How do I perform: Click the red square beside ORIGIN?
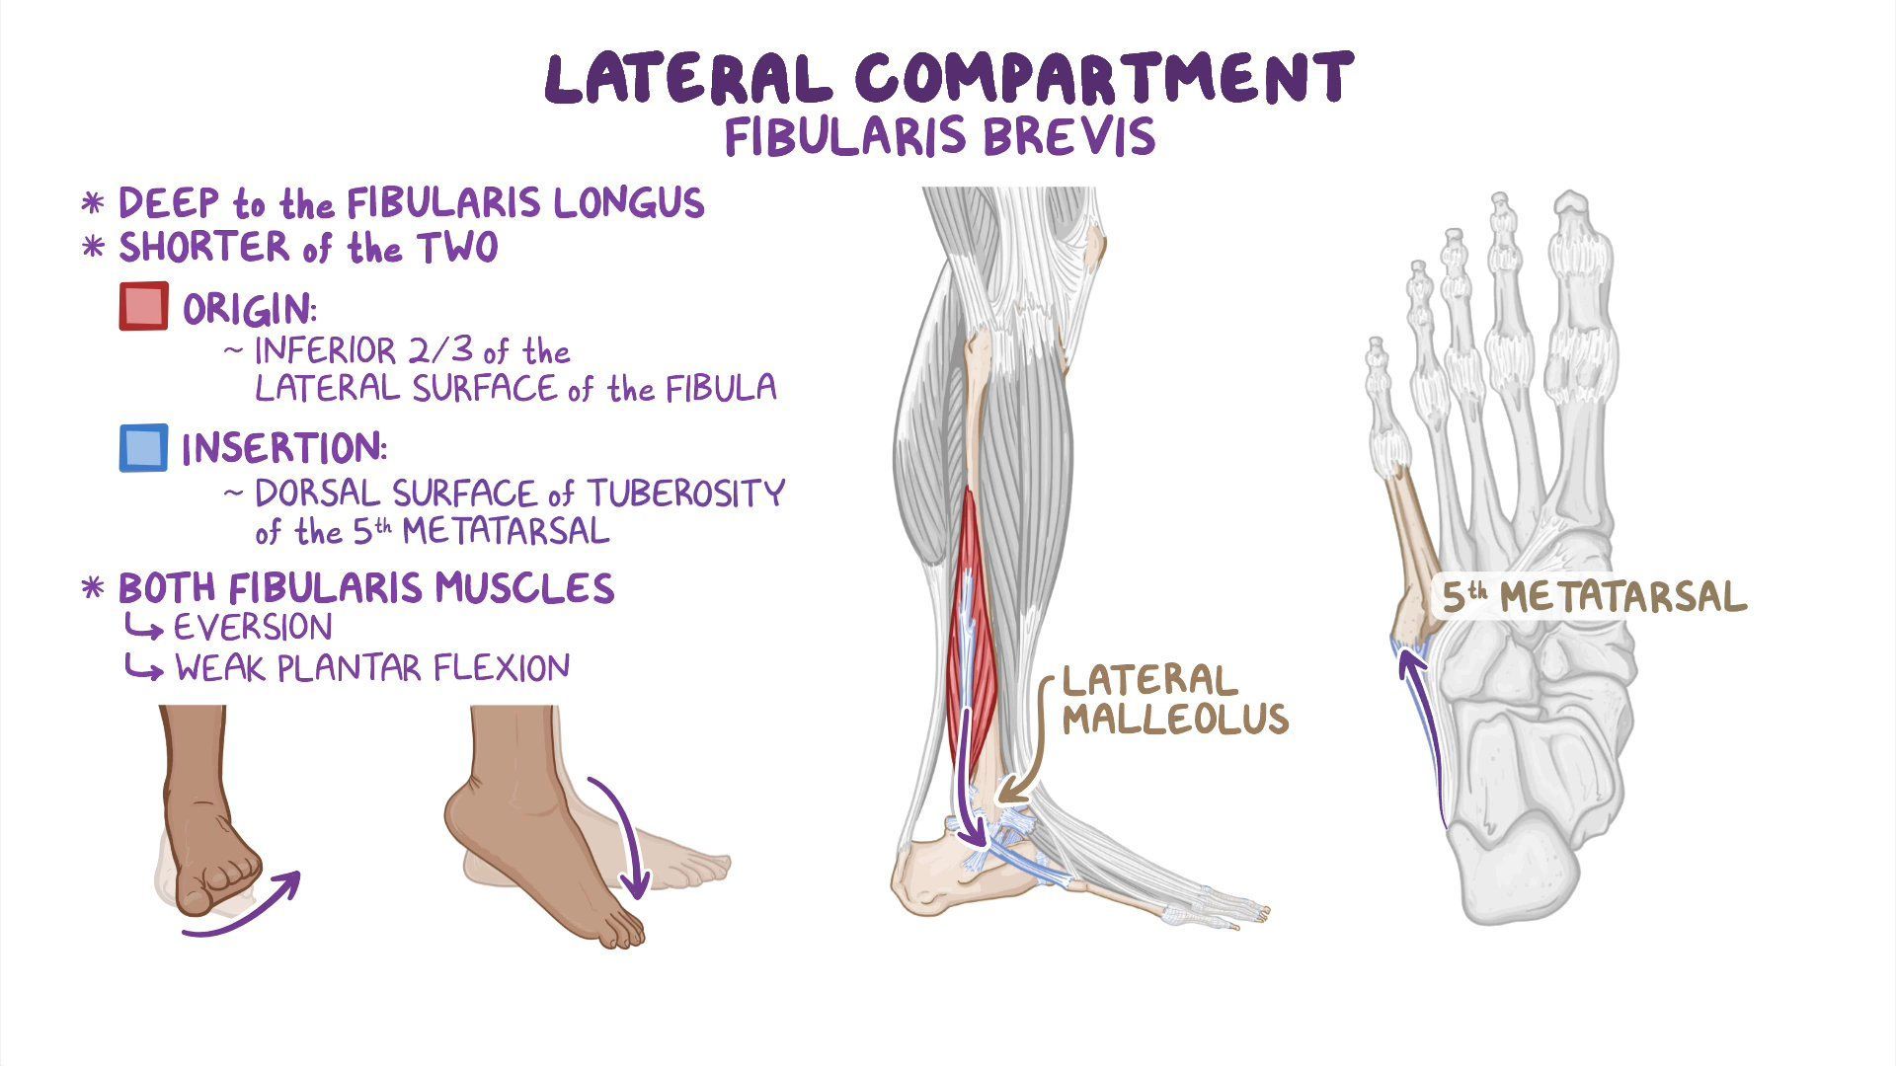[143, 306]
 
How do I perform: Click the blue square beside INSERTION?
[143, 447]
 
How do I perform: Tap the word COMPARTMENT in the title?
[1103, 79]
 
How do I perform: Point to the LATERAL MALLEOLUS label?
[1174, 699]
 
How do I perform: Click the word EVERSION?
[253, 628]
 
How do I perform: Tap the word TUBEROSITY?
[686, 493]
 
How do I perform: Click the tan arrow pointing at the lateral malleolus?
[1027, 760]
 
